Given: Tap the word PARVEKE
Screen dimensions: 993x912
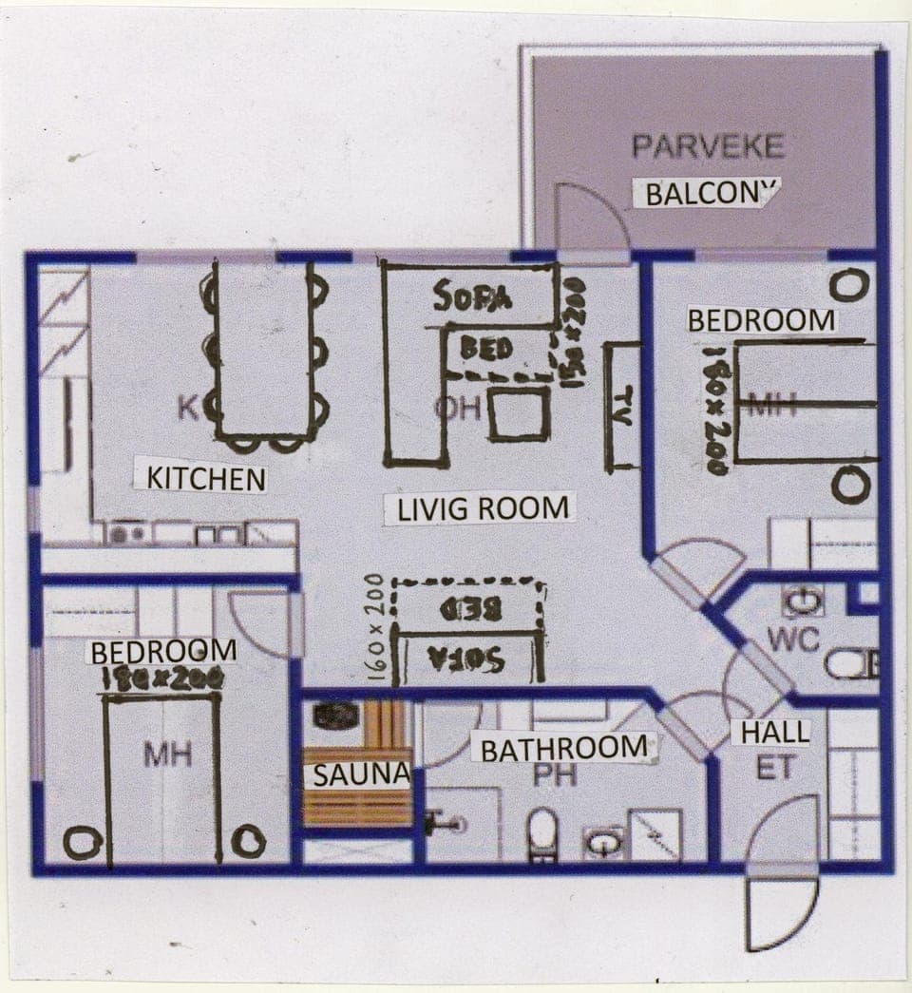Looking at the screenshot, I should pyautogui.click(x=708, y=146).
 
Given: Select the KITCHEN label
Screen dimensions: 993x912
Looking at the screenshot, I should pyautogui.click(x=206, y=477).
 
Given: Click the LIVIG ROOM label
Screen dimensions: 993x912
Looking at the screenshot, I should pyautogui.click(x=483, y=508).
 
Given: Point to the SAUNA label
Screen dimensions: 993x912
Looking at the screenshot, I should pyautogui.click(x=360, y=774).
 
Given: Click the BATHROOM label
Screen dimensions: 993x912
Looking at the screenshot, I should pyautogui.click(x=563, y=749).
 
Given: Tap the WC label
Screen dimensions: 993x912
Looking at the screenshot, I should pyautogui.click(x=793, y=640).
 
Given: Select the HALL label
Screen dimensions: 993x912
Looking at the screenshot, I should pyautogui.click(x=775, y=732).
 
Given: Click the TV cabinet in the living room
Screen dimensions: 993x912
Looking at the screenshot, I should pyautogui.click(x=622, y=407).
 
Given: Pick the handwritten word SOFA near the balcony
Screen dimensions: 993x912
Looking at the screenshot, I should pyautogui.click(x=472, y=297).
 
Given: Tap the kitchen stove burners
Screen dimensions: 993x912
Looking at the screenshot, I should pyautogui.click(x=127, y=535).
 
